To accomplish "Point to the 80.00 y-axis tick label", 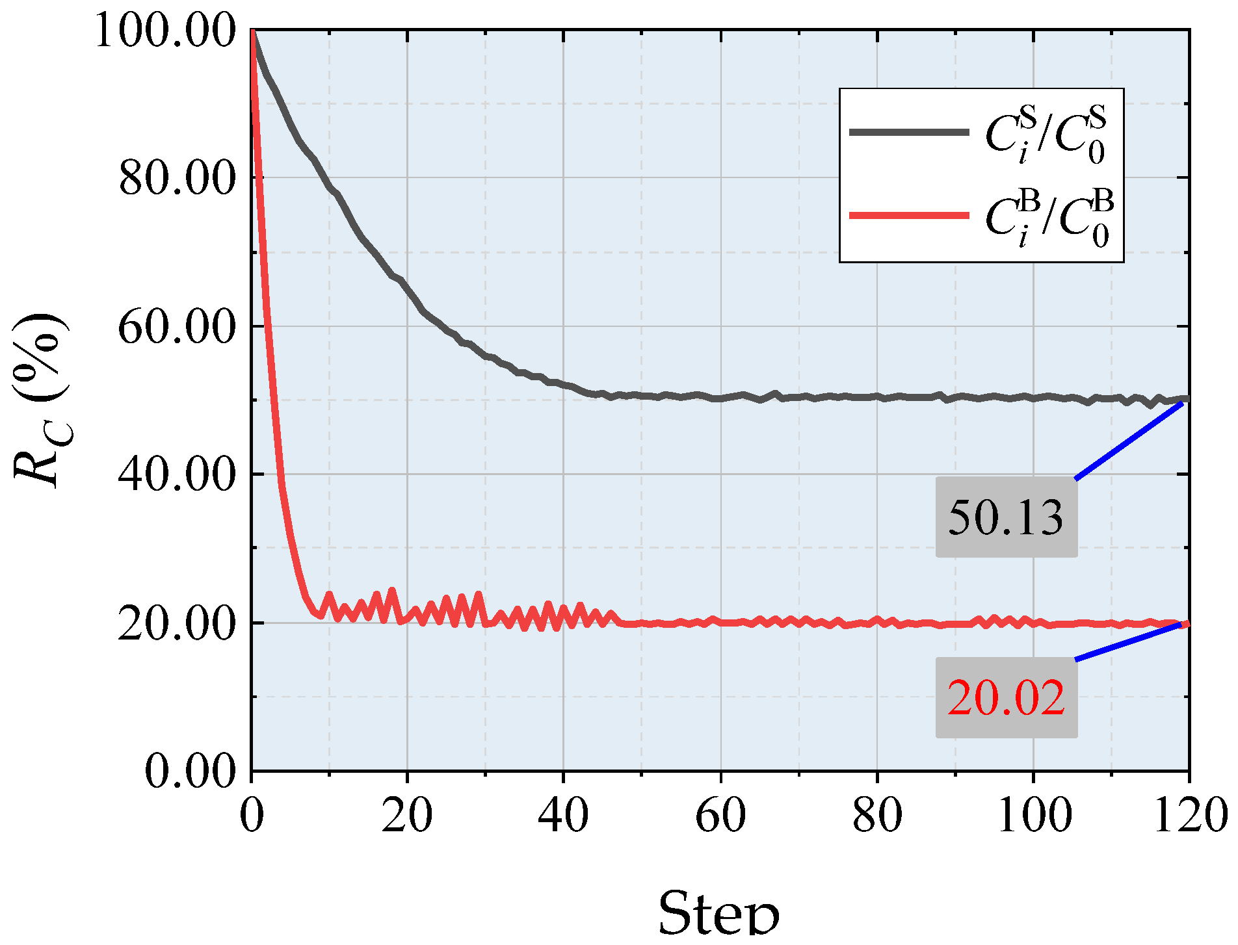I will pos(177,179).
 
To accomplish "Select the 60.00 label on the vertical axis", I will pos(177,327).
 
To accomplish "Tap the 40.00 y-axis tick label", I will pos(177,475).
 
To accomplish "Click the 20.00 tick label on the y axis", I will pos(177,623).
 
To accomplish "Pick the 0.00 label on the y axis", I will pos(190,771).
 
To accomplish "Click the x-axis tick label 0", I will pos(252,816).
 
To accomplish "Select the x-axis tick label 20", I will pos(407,816).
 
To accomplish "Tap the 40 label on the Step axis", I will pos(564,816).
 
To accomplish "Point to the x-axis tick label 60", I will pos(720,816).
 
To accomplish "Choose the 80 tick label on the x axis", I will pos(877,816).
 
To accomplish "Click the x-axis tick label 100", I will pos(1034,816).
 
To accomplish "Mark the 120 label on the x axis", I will pos(1189,816).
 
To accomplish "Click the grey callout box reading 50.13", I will pos(1006,518).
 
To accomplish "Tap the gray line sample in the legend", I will pos(909,133).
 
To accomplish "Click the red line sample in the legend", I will pos(909,215).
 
